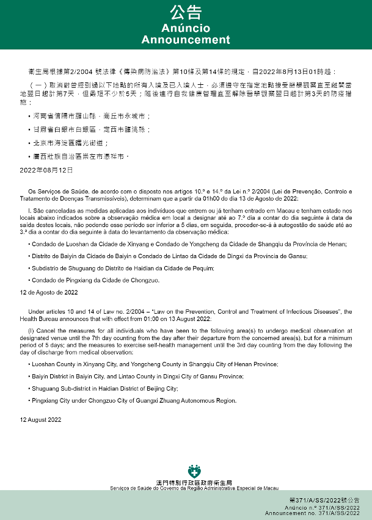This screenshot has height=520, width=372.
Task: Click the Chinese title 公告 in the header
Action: (186, 13)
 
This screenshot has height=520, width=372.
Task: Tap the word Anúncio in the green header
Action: (186, 29)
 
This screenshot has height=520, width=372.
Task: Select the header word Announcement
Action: (186, 40)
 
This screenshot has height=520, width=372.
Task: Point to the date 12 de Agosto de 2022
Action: (49, 293)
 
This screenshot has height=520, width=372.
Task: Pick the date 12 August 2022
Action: (40, 420)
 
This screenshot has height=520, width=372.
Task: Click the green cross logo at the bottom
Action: (194, 472)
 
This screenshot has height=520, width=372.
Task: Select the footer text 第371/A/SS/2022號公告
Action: (333, 500)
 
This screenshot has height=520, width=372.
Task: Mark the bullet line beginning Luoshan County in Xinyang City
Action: (147, 364)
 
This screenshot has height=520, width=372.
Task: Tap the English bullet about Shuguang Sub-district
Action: (104, 388)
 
